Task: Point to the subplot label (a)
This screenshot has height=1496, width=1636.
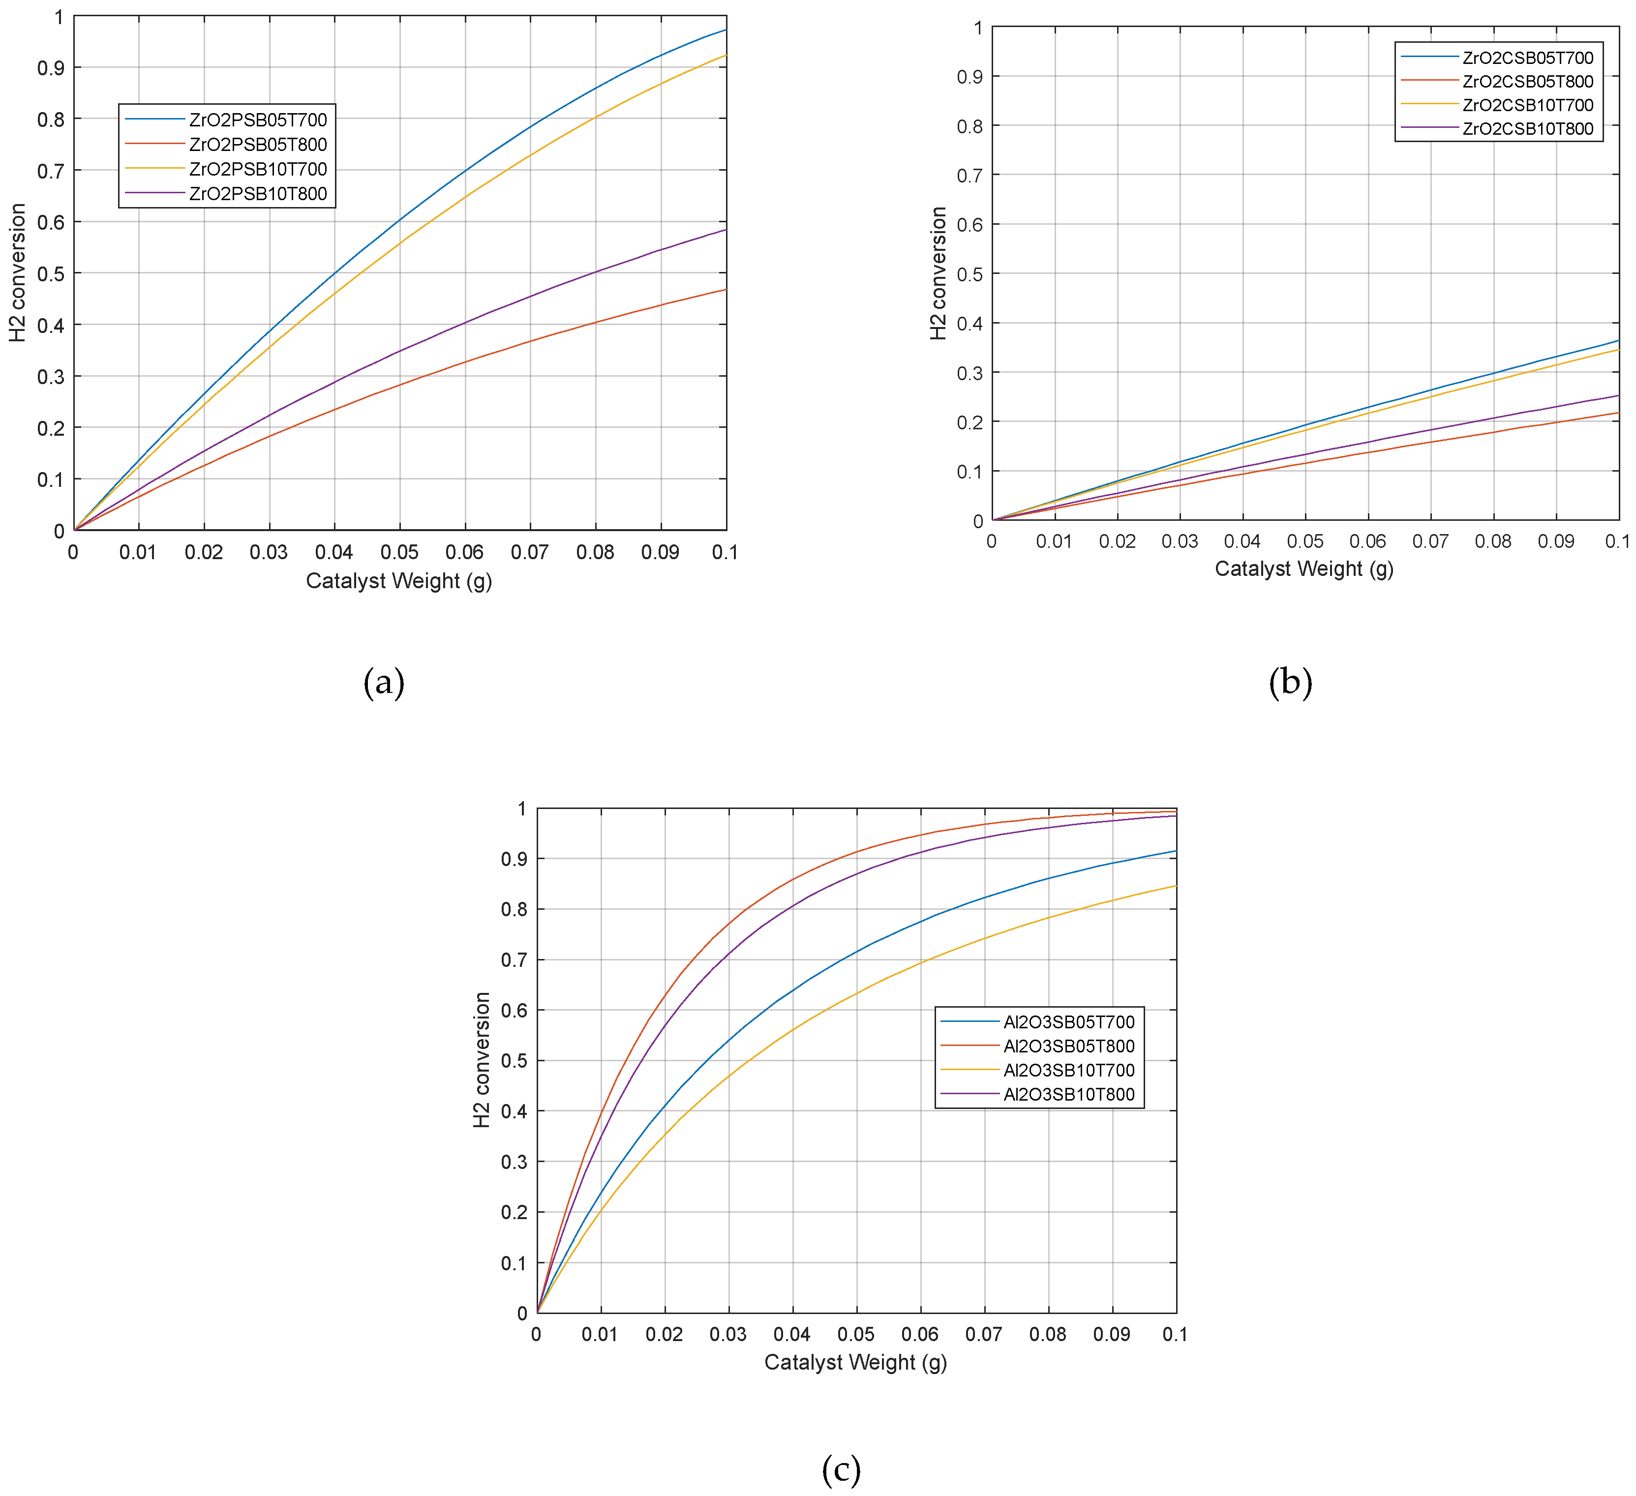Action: tap(384, 682)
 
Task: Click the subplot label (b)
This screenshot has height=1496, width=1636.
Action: tap(1290, 682)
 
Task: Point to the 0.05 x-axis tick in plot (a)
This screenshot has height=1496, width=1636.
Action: tap(399, 552)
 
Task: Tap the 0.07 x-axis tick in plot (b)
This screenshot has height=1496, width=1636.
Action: tap(1430, 541)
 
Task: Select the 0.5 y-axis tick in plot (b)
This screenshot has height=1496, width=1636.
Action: tap(970, 274)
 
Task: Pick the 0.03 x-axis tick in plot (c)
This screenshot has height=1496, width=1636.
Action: tap(728, 1335)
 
